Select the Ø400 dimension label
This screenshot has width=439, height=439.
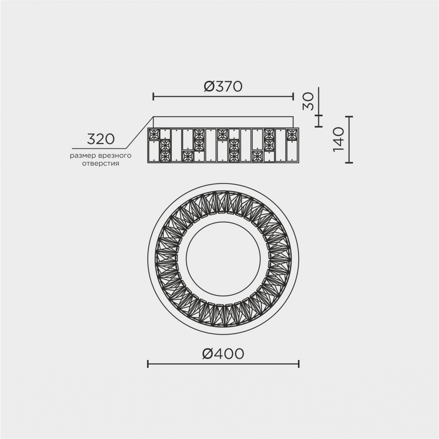click(223, 354)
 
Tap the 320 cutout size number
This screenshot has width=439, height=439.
click(101, 139)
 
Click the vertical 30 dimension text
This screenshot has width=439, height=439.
click(308, 101)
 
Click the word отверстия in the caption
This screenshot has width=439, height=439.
click(100, 164)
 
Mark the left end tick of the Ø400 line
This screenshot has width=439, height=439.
click(148, 364)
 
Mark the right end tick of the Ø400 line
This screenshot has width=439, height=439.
click(299, 364)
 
